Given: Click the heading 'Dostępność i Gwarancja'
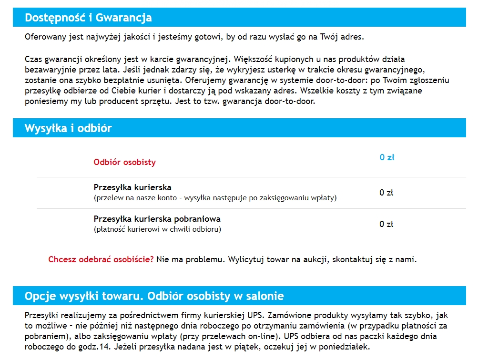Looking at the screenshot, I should [88, 18].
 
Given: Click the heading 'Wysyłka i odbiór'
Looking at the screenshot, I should [68, 128].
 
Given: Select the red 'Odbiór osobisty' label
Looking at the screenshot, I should [125, 162].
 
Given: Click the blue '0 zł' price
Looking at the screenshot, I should [386, 157].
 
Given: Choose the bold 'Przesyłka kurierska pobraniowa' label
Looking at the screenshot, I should [157, 219].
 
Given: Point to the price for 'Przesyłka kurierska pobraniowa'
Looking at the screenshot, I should [386, 224].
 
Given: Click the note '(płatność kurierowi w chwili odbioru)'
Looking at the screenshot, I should [157, 229].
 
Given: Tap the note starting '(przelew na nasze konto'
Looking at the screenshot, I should [215, 197].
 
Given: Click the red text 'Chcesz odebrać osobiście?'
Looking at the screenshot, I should [101, 260].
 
